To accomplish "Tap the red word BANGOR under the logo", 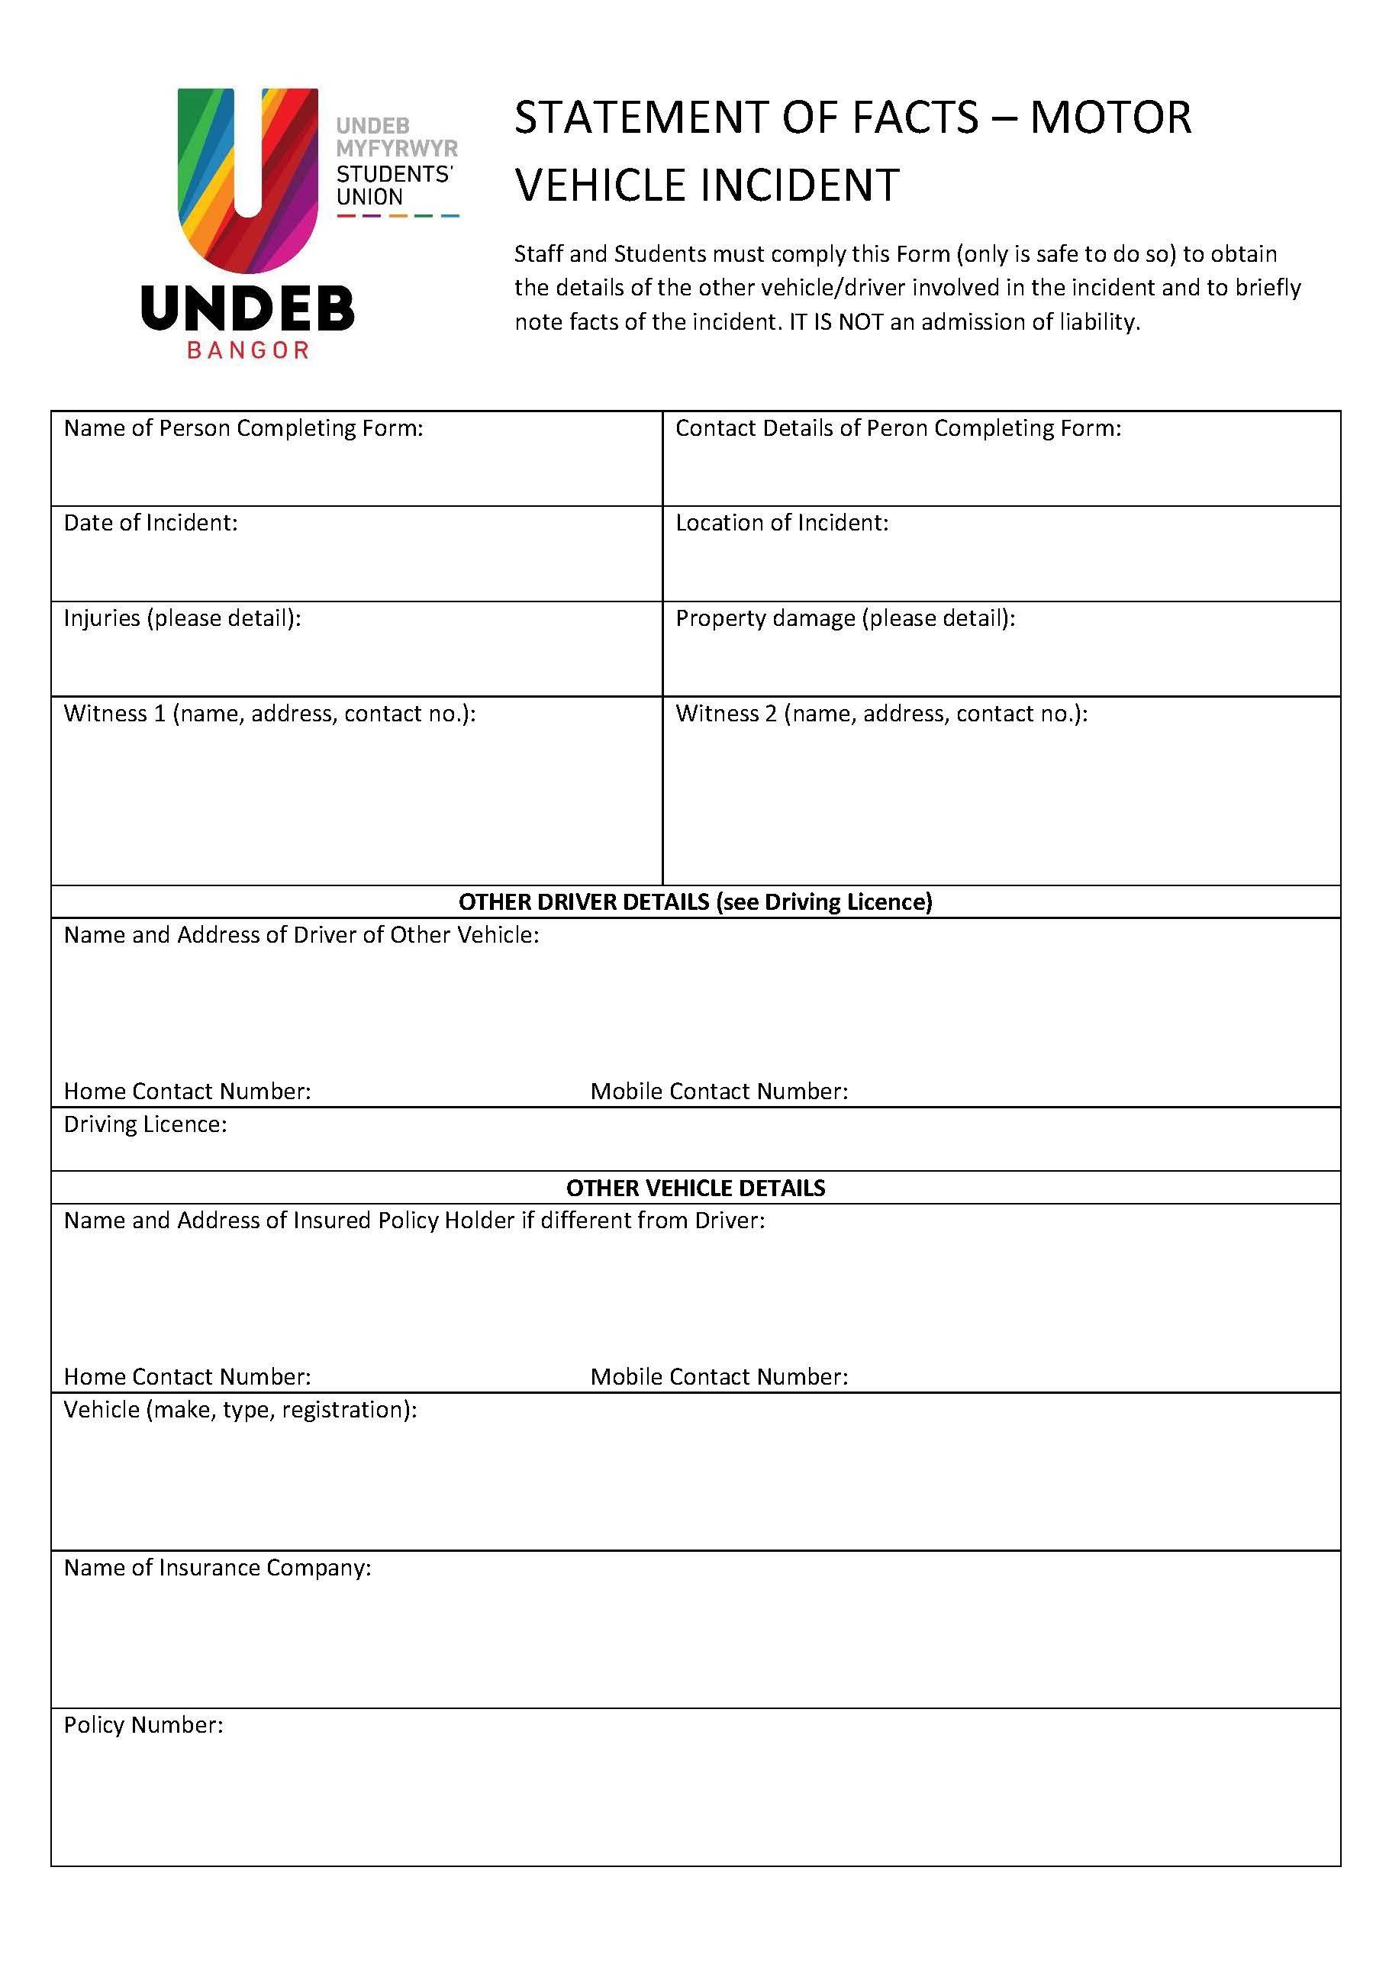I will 247,350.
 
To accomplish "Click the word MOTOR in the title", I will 1110,118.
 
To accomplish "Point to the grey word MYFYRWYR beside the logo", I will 397,149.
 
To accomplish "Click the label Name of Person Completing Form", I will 243,428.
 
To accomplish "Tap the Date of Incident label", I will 150,524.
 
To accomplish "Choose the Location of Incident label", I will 782,524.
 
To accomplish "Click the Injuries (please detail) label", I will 182,618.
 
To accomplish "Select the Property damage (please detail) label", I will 845,618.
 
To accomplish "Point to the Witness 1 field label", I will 269,714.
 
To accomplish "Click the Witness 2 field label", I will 881,714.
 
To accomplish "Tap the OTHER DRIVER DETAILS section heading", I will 694,902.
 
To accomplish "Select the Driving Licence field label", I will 146,1125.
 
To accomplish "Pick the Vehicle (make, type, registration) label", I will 240,1410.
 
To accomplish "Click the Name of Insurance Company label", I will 218,1568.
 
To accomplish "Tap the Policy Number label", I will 143,1725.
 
